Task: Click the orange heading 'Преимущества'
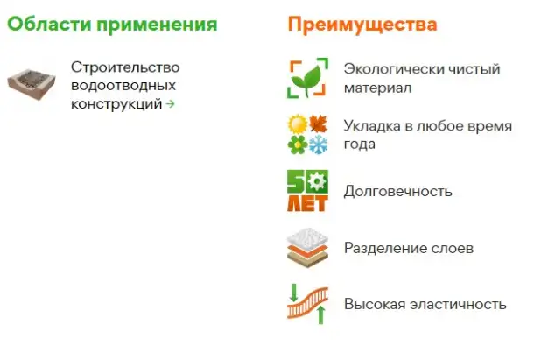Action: [x=362, y=24]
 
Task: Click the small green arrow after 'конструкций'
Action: [x=170, y=104]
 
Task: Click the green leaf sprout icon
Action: [x=307, y=79]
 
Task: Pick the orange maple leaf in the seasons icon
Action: [x=317, y=123]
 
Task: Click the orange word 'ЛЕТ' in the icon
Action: [x=306, y=204]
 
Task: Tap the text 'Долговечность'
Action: [x=398, y=190]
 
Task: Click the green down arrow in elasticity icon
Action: [x=293, y=289]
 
